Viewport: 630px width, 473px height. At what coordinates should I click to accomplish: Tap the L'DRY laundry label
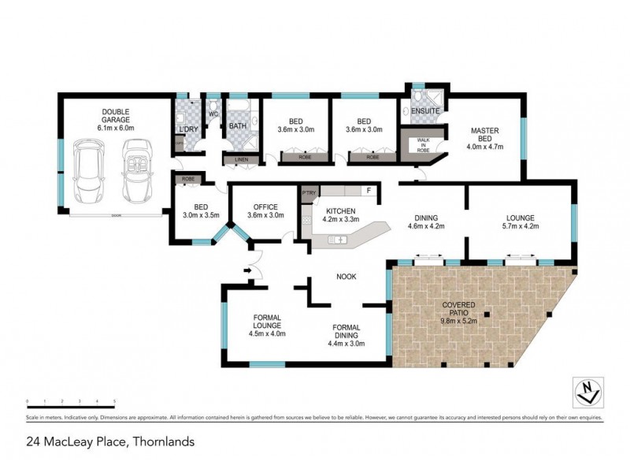188,128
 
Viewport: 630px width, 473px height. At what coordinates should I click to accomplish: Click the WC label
213,114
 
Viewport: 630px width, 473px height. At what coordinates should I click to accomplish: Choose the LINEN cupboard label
239,161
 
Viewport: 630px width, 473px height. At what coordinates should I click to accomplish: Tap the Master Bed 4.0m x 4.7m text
484,138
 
